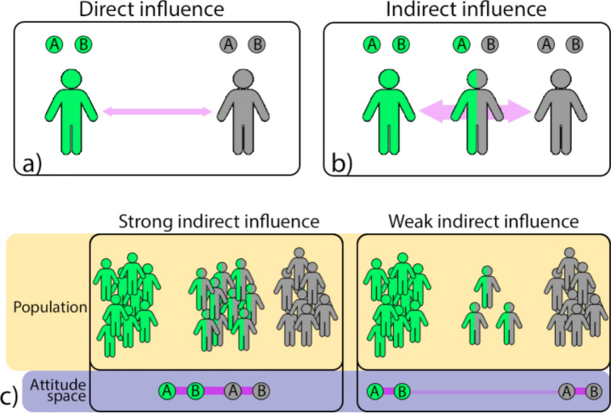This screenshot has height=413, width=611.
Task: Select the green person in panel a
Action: pyautogui.click(x=69, y=111)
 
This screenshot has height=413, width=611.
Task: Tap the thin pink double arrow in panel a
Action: pyautogui.click(x=157, y=111)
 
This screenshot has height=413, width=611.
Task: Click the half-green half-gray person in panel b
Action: pyautogui.click(x=474, y=111)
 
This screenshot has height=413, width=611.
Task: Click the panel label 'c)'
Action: pyautogui.click(x=11, y=395)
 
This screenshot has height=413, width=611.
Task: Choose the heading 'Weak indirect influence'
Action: pyautogui.click(x=480, y=222)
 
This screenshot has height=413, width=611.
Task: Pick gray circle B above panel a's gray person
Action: pyautogui.click(x=256, y=43)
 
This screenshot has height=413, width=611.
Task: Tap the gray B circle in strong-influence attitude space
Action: pyautogui.click(x=260, y=391)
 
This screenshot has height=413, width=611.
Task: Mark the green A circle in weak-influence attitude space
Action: pyautogui.click(x=374, y=391)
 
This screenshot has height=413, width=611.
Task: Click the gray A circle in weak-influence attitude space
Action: pyautogui.click(x=567, y=391)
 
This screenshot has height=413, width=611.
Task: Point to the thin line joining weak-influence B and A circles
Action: pyautogui.click(x=485, y=391)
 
